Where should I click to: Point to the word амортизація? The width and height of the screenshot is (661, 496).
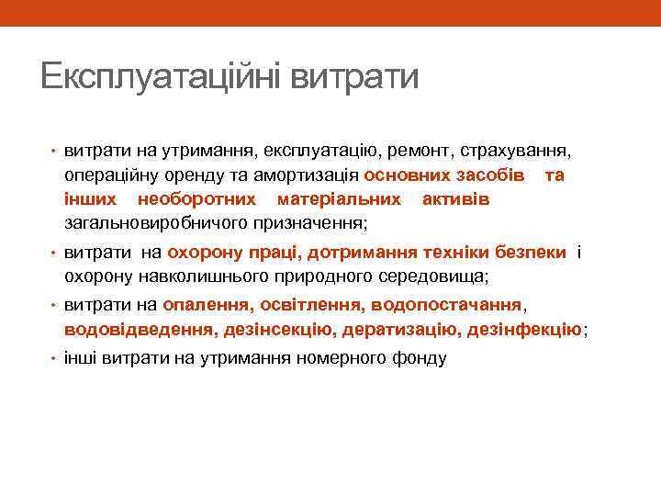point(312,175)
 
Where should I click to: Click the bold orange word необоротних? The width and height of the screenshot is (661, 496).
point(196,199)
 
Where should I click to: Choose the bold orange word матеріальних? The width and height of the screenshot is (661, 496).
point(339,199)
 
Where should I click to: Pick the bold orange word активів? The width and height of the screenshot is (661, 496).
point(455,199)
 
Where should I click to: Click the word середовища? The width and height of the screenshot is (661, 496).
point(442,276)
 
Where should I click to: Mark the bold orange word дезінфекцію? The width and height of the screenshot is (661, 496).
point(524,329)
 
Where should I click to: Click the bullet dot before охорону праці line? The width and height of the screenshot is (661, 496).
point(53,253)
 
